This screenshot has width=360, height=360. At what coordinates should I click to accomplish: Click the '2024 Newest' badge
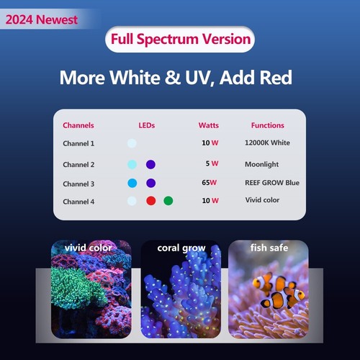click(42, 19)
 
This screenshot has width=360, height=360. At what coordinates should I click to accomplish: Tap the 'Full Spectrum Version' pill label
click(180, 38)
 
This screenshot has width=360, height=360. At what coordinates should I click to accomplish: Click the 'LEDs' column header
click(146, 125)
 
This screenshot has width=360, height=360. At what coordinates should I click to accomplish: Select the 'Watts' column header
click(209, 125)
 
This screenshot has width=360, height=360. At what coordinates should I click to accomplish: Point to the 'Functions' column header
click(267, 125)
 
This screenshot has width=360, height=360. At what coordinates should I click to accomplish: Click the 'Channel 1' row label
click(78, 143)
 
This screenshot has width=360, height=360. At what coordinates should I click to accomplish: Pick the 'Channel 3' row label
click(78, 183)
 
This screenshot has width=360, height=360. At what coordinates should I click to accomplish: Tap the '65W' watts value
click(210, 183)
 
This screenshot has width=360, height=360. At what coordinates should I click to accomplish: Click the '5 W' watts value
click(211, 163)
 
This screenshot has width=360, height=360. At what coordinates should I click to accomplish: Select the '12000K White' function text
click(268, 143)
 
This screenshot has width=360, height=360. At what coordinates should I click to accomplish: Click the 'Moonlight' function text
click(261, 163)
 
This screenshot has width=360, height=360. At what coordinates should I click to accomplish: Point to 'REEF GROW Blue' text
click(272, 183)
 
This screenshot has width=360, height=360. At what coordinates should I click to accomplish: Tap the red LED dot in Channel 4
click(151, 201)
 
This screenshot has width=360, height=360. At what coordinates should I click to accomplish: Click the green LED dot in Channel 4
click(168, 201)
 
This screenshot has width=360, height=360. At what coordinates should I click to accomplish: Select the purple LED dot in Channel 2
click(150, 163)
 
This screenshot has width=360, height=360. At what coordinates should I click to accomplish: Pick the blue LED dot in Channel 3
click(132, 183)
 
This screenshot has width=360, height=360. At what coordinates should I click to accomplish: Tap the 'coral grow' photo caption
click(181, 248)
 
